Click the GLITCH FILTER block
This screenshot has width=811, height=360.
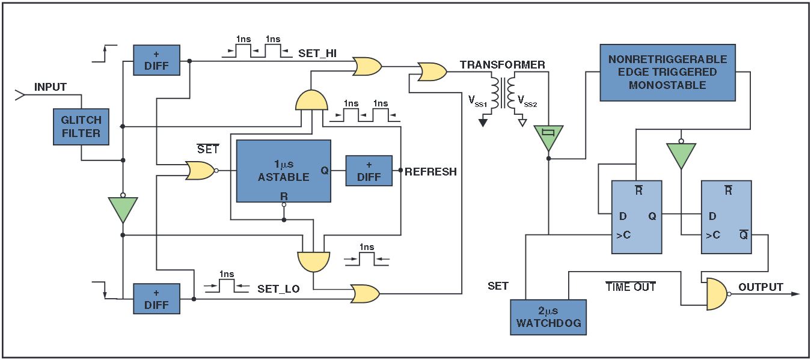(81, 127)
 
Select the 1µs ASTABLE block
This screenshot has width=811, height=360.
(283, 171)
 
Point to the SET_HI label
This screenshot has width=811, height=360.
(317, 53)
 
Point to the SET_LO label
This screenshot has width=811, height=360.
(278, 289)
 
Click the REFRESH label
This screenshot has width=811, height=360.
(430, 172)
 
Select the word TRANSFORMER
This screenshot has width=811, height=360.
(503, 65)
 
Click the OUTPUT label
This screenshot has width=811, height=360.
(761, 287)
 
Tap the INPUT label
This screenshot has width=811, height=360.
(50, 87)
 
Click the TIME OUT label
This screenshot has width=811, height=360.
(631, 287)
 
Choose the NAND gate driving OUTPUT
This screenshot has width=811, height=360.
(716, 294)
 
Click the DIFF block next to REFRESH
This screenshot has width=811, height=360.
(369, 171)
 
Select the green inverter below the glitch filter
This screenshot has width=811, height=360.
(122, 209)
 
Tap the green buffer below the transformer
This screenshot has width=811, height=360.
(548, 138)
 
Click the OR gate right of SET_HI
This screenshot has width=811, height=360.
(367, 66)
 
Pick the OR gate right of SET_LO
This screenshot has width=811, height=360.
(365, 294)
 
